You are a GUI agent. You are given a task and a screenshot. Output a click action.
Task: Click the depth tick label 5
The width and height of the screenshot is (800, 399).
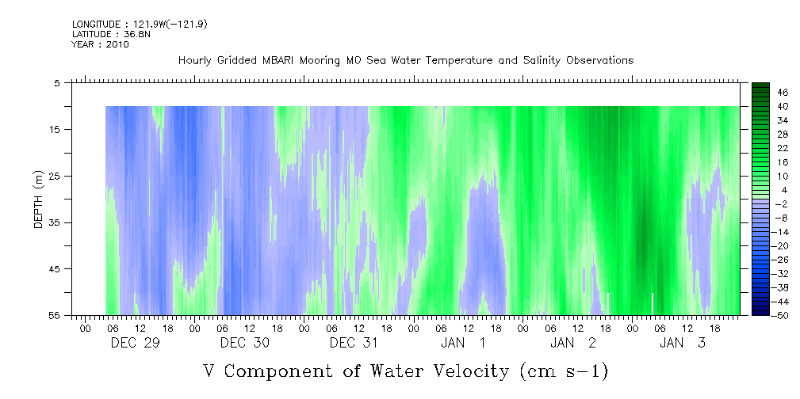point(57,82)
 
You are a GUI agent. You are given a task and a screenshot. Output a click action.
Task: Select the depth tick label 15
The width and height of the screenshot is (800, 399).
point(56,129)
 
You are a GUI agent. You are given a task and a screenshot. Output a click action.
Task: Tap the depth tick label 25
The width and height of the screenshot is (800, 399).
point(56,176)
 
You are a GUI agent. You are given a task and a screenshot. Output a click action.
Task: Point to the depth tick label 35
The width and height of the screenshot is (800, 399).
point(56,222)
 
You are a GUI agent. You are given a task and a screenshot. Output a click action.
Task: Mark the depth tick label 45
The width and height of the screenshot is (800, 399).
point(56,269)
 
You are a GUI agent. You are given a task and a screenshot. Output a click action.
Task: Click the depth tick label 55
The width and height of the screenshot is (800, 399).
point(56,315)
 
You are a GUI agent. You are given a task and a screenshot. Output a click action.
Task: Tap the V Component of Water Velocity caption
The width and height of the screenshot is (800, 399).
point(405,370)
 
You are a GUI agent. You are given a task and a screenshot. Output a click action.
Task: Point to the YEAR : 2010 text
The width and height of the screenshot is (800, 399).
point(100,44)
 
